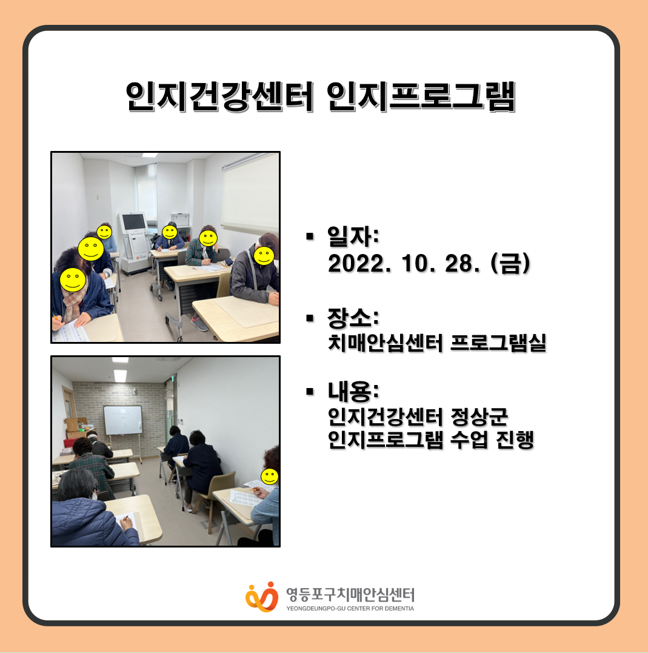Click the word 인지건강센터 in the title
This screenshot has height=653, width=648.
click(x=219, y=96)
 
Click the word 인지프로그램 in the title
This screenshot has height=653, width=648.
click(x=421, y=96)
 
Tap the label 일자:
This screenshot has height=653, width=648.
click(x=353, y=236)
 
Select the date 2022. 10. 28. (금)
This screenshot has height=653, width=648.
click(x=429, y=264)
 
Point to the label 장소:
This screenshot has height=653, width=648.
click(x=353, y=318)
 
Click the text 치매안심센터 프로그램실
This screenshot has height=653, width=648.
click(x=437, y=343)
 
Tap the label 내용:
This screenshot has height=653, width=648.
click(x=353, y=391)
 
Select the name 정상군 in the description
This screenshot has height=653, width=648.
click(x=479, y=417)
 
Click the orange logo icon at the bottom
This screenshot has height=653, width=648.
click(x=262, y=597)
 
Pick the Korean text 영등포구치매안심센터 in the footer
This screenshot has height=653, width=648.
click(x=350, y=594)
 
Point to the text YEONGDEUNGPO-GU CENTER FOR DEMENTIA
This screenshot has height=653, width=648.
click(x=350, y=609)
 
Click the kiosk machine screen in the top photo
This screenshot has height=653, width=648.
click(x=133, y=223)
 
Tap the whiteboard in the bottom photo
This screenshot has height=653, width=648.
click(x=123, y=420)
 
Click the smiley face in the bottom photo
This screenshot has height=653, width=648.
click(x=270, y=477)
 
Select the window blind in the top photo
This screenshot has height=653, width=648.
click(x=250, y=195)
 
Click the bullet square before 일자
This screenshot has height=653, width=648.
click(x=309, y=236)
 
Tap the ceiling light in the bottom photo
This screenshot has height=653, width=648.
click(x=121, y=375)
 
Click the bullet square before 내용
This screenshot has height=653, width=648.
click(x=309, y=392)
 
